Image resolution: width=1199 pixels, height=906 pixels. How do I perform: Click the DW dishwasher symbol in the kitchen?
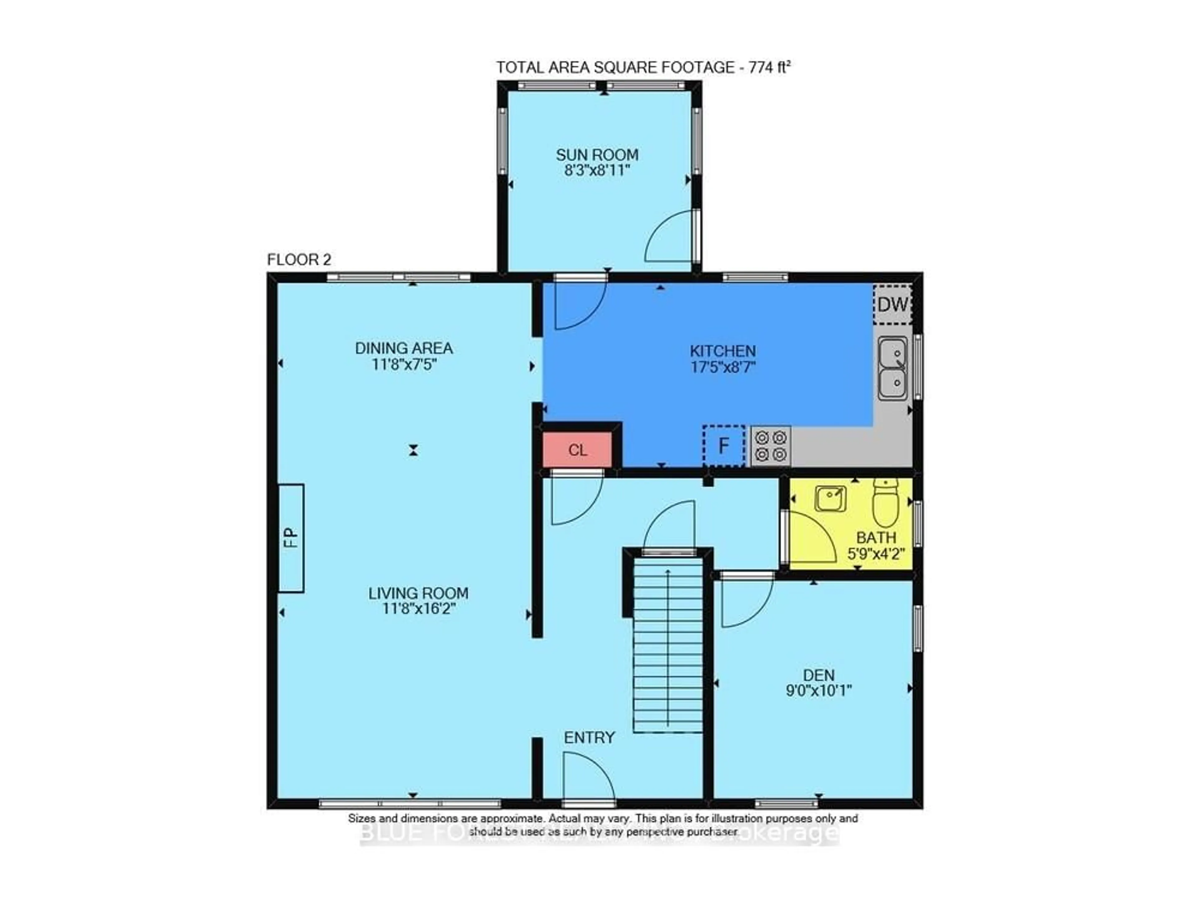coord(892,305)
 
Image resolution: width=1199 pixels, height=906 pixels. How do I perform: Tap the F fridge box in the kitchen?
coord(723,446)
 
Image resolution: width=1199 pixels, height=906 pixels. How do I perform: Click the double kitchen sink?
coord(892,369)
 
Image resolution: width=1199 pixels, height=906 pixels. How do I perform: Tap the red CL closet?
coord(577,450)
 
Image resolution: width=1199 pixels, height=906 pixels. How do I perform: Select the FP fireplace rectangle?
coord(291,538)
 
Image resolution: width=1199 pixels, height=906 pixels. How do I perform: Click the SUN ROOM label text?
coord(597,155)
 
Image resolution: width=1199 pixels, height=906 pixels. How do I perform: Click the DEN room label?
coord(818,675)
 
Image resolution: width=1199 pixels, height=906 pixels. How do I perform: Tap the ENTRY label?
coord(589,737)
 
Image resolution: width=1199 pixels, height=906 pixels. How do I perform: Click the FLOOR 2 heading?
coord(299,260)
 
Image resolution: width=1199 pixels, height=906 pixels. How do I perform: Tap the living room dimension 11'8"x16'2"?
coord(418,609)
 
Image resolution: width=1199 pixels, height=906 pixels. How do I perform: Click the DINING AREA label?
coord(404,348)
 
